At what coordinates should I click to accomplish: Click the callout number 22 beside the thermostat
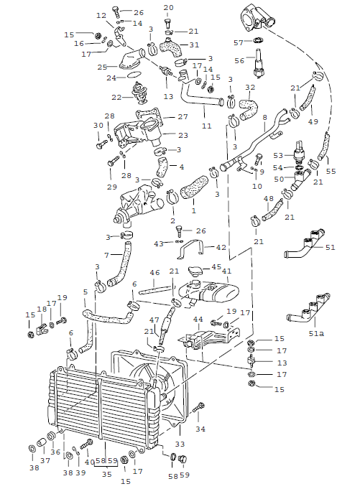click(115, 98)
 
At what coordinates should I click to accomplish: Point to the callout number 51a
click(315, 334)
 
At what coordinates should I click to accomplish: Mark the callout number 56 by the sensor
click(239, 62)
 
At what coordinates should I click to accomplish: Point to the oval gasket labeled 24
click(134, 75)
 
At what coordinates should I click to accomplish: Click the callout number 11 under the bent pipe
click(206, 126)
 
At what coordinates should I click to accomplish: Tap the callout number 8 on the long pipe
click(264, 116)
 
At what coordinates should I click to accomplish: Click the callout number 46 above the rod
click(154, 273)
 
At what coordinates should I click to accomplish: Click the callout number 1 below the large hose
click(193, 212)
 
